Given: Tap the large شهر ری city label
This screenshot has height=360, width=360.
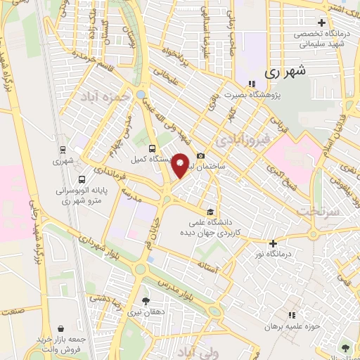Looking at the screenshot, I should [288, 72].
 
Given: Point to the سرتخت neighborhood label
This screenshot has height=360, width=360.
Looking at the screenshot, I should [318, 210].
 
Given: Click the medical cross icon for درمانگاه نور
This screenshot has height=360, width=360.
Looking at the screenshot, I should [273, 243].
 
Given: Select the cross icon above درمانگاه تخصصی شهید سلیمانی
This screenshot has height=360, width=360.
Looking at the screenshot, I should [321, 22].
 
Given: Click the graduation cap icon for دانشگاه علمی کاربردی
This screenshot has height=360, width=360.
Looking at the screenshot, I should [210, 212].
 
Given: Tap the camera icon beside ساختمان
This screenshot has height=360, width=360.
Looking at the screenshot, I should [201, 155].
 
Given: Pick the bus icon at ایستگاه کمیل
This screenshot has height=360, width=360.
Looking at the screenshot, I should [153, 148].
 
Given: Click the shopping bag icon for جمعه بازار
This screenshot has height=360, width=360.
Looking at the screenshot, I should [62, 328].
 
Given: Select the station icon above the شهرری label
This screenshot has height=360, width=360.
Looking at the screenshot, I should [63, 149].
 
